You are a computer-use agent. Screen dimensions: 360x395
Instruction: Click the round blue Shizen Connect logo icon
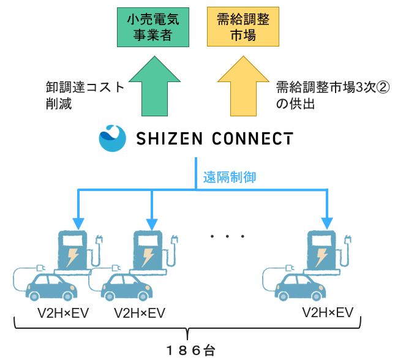coord(112,138)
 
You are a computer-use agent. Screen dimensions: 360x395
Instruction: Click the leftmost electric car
coord(51,287)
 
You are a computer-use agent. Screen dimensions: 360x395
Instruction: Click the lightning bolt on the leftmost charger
coord(72,256)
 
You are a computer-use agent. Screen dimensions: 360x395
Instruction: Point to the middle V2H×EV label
coord(140,313)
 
